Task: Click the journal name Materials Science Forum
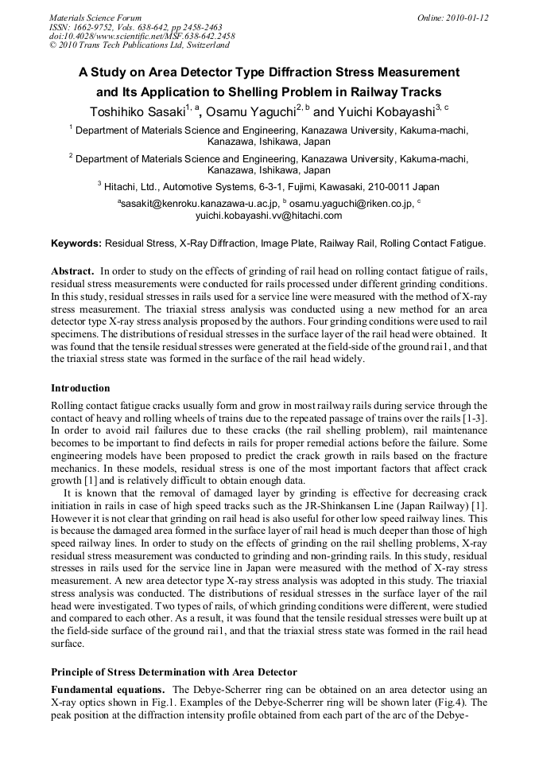(x=95, y=17)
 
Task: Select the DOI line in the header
(x=142, y=36)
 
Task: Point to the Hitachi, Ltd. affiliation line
(x=269, y=187)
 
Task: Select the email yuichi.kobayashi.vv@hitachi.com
(x=269, y=216)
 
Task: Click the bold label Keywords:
(x=76, y=243)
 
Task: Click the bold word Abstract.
(x=73, y=271)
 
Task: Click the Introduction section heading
(x=80, y=388)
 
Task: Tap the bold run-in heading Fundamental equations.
(x=107, y=689)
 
